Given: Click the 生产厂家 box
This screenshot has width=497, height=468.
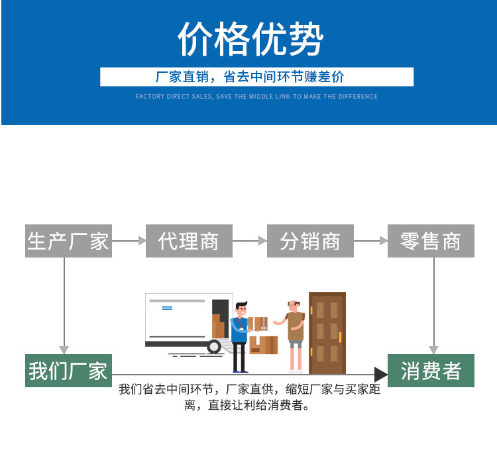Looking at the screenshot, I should pyautogui.click(x=68, y=241).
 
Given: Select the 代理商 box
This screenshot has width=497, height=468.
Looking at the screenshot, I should pyautogui.click(x=189, y=241).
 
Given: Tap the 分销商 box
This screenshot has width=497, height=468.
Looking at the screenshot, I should pyautogui.click(x=310, y=241).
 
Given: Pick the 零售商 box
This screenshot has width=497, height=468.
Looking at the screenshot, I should pyautogui.click(x=431, y=241).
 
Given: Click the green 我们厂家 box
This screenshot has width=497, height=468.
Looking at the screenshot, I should pyautogui.click(x=68, y=371).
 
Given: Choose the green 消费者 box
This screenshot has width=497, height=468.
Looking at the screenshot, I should pyautogui.click(x=431, y=371).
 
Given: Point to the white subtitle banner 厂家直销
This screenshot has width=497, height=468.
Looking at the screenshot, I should pyautogui.click(x=256, y=77).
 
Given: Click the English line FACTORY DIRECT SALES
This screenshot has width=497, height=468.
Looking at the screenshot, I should pyautogui.click(x=256, y=97).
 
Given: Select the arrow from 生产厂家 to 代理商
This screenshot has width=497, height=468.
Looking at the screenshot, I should pyautogui.click(x=129, y=241).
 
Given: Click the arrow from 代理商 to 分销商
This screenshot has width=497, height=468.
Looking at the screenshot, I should pyautogui.click(x=250, y=241).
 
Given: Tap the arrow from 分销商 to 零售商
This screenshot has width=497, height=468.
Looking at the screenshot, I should pyautogui.click(x=370, y=241).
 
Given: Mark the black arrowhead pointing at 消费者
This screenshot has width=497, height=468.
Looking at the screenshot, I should pyautogui.click(x=381, y=375).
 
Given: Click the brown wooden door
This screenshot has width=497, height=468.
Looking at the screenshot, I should pyautogui.click(x=327, y=332).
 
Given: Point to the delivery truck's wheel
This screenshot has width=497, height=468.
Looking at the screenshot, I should pyautogui.click(x=214, y=346).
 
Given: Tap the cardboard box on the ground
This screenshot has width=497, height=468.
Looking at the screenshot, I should pyautogui.click(x=264, y=345).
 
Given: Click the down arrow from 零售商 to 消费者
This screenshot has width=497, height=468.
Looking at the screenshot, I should pyautogui.click(x=434, y=304).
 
